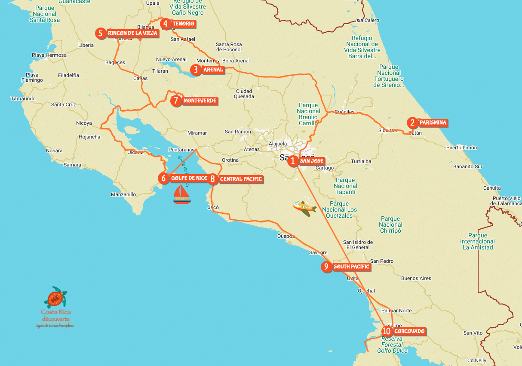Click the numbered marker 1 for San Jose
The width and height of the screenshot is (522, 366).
click(x=293, y=161)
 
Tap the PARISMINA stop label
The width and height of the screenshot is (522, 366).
click(x=433, y=123)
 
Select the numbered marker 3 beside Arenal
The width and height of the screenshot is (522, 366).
click(x=196, y=70)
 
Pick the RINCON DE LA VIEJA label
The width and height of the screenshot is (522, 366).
click(x=133, y=33)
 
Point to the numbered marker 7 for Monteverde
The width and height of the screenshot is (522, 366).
click(x=176, y=101)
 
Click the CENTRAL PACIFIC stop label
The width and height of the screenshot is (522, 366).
click(x=241, y=179)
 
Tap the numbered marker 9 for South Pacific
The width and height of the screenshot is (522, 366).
click(x=326, y=267)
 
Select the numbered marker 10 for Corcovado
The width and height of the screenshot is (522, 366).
click(x=387, y=331)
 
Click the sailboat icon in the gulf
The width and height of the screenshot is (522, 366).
click(x=182, y=194)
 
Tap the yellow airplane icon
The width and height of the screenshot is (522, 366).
click(x=304, y=208)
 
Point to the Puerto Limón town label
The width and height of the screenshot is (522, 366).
click(x=461, y=148)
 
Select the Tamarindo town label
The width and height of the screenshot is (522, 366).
click(x=23, y=98)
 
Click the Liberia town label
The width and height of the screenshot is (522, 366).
click(x=86, y=45)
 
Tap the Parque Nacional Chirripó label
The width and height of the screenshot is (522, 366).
click(x=390, y=225)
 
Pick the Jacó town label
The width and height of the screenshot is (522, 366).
click(x=213, y=207)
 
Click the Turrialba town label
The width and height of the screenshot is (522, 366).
click(x=361, y=161)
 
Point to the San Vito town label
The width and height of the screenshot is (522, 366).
click(x=473, y=333)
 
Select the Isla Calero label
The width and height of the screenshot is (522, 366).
click(x=367, y=20)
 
